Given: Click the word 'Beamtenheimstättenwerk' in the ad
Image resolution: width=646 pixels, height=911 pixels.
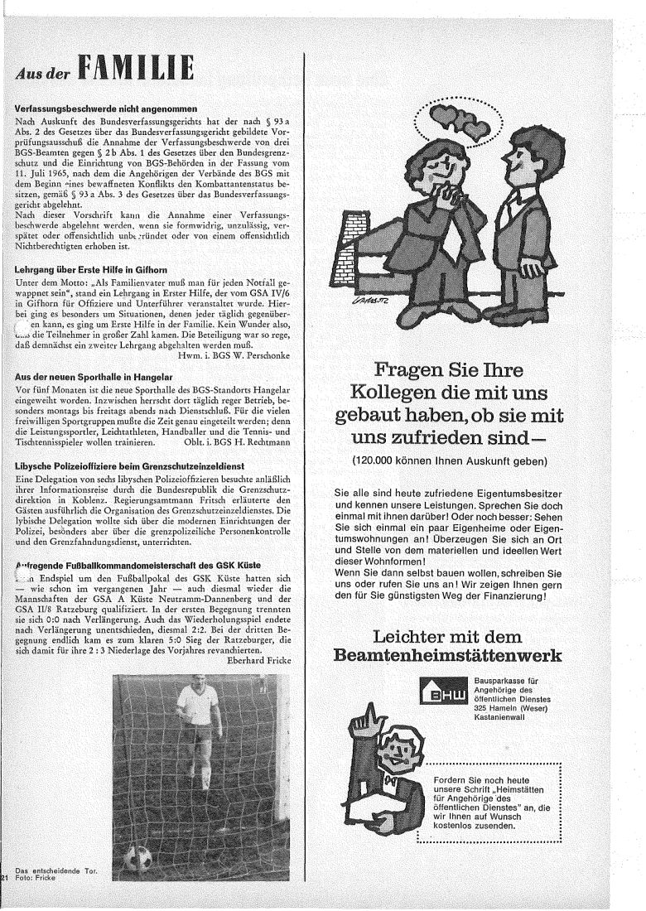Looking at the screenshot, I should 447,656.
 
